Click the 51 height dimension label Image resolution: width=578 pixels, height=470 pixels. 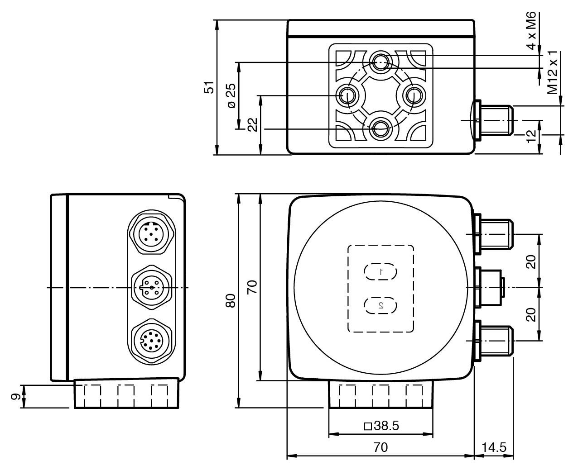point(208,87)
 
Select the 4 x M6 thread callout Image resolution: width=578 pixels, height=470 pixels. point(531,31)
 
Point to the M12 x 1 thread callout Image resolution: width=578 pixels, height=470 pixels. point(553,72)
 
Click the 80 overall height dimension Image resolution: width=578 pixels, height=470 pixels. point(231,301)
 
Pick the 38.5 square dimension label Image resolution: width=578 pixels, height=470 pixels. point(381,426)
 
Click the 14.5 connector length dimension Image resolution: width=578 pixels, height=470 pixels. point(493,447)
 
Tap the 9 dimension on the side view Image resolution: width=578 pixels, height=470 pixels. point(15,396)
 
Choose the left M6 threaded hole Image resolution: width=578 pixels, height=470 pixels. point(348,95)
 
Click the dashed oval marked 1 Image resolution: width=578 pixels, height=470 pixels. point(381,272)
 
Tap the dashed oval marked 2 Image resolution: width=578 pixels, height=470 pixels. point(381,305)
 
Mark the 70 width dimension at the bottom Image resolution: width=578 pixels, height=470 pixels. point(381,447)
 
